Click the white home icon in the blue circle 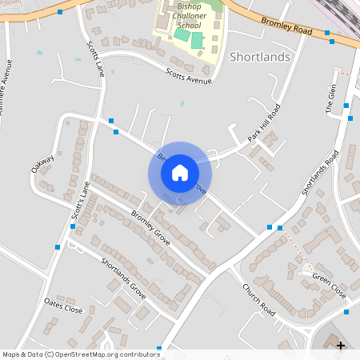pos(180,172)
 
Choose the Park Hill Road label pos(263,123)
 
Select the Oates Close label pos(63,306)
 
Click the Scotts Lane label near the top pos(95,59)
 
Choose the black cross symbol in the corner pos(341,346)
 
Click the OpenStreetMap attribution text pos(80,354)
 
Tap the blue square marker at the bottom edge pos(159,348)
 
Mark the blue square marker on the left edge pos(58,247)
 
